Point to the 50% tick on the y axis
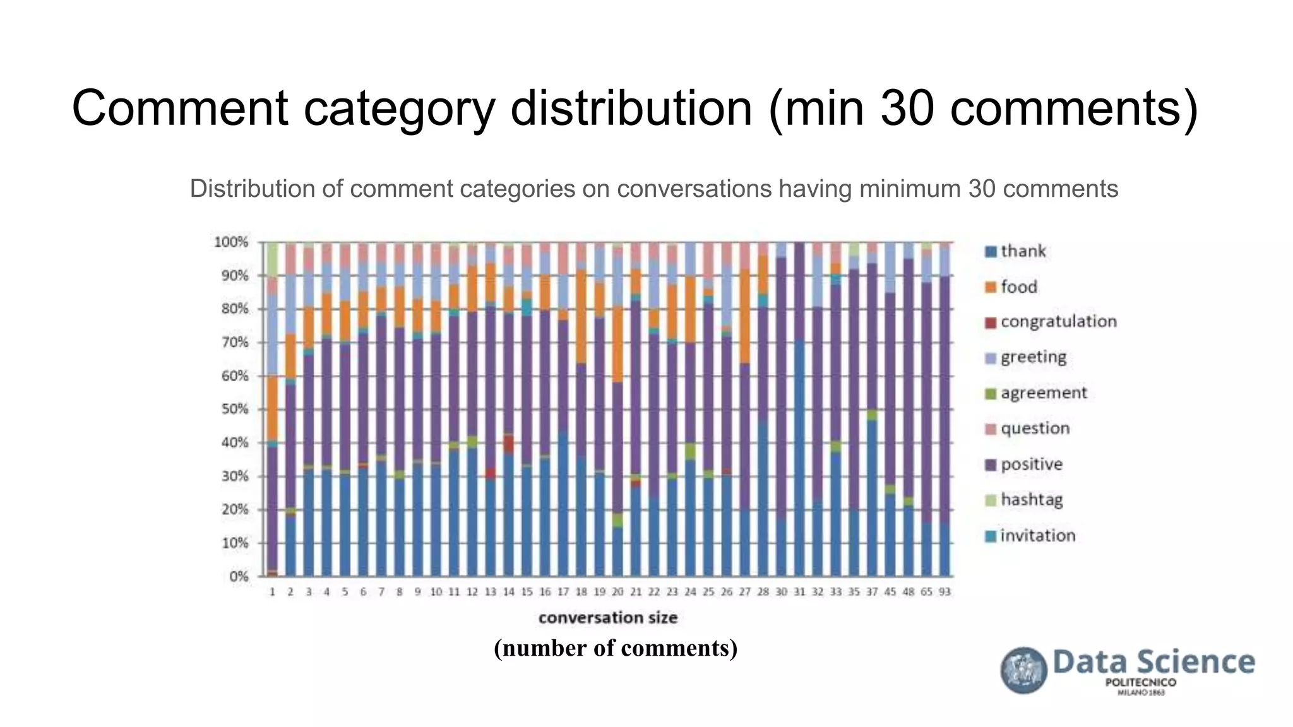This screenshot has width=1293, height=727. [x=235, y=409]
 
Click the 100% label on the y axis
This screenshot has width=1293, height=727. [x=232, y=242]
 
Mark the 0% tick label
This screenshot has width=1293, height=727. [x=238, y=576]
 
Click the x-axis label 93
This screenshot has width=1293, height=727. [x=944, y=592]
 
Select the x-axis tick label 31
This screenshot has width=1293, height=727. [x=799, y=592]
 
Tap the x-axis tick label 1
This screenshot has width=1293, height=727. [x=272, y=592]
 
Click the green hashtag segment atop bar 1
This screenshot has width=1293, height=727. [x=272, y=259]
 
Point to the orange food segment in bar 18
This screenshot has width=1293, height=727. [x=581, y=316]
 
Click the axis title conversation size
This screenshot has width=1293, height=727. [x=607, y=618]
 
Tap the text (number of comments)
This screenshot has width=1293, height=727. [x=616, y=648]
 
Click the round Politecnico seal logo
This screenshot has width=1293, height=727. [x=1023, y=670]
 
